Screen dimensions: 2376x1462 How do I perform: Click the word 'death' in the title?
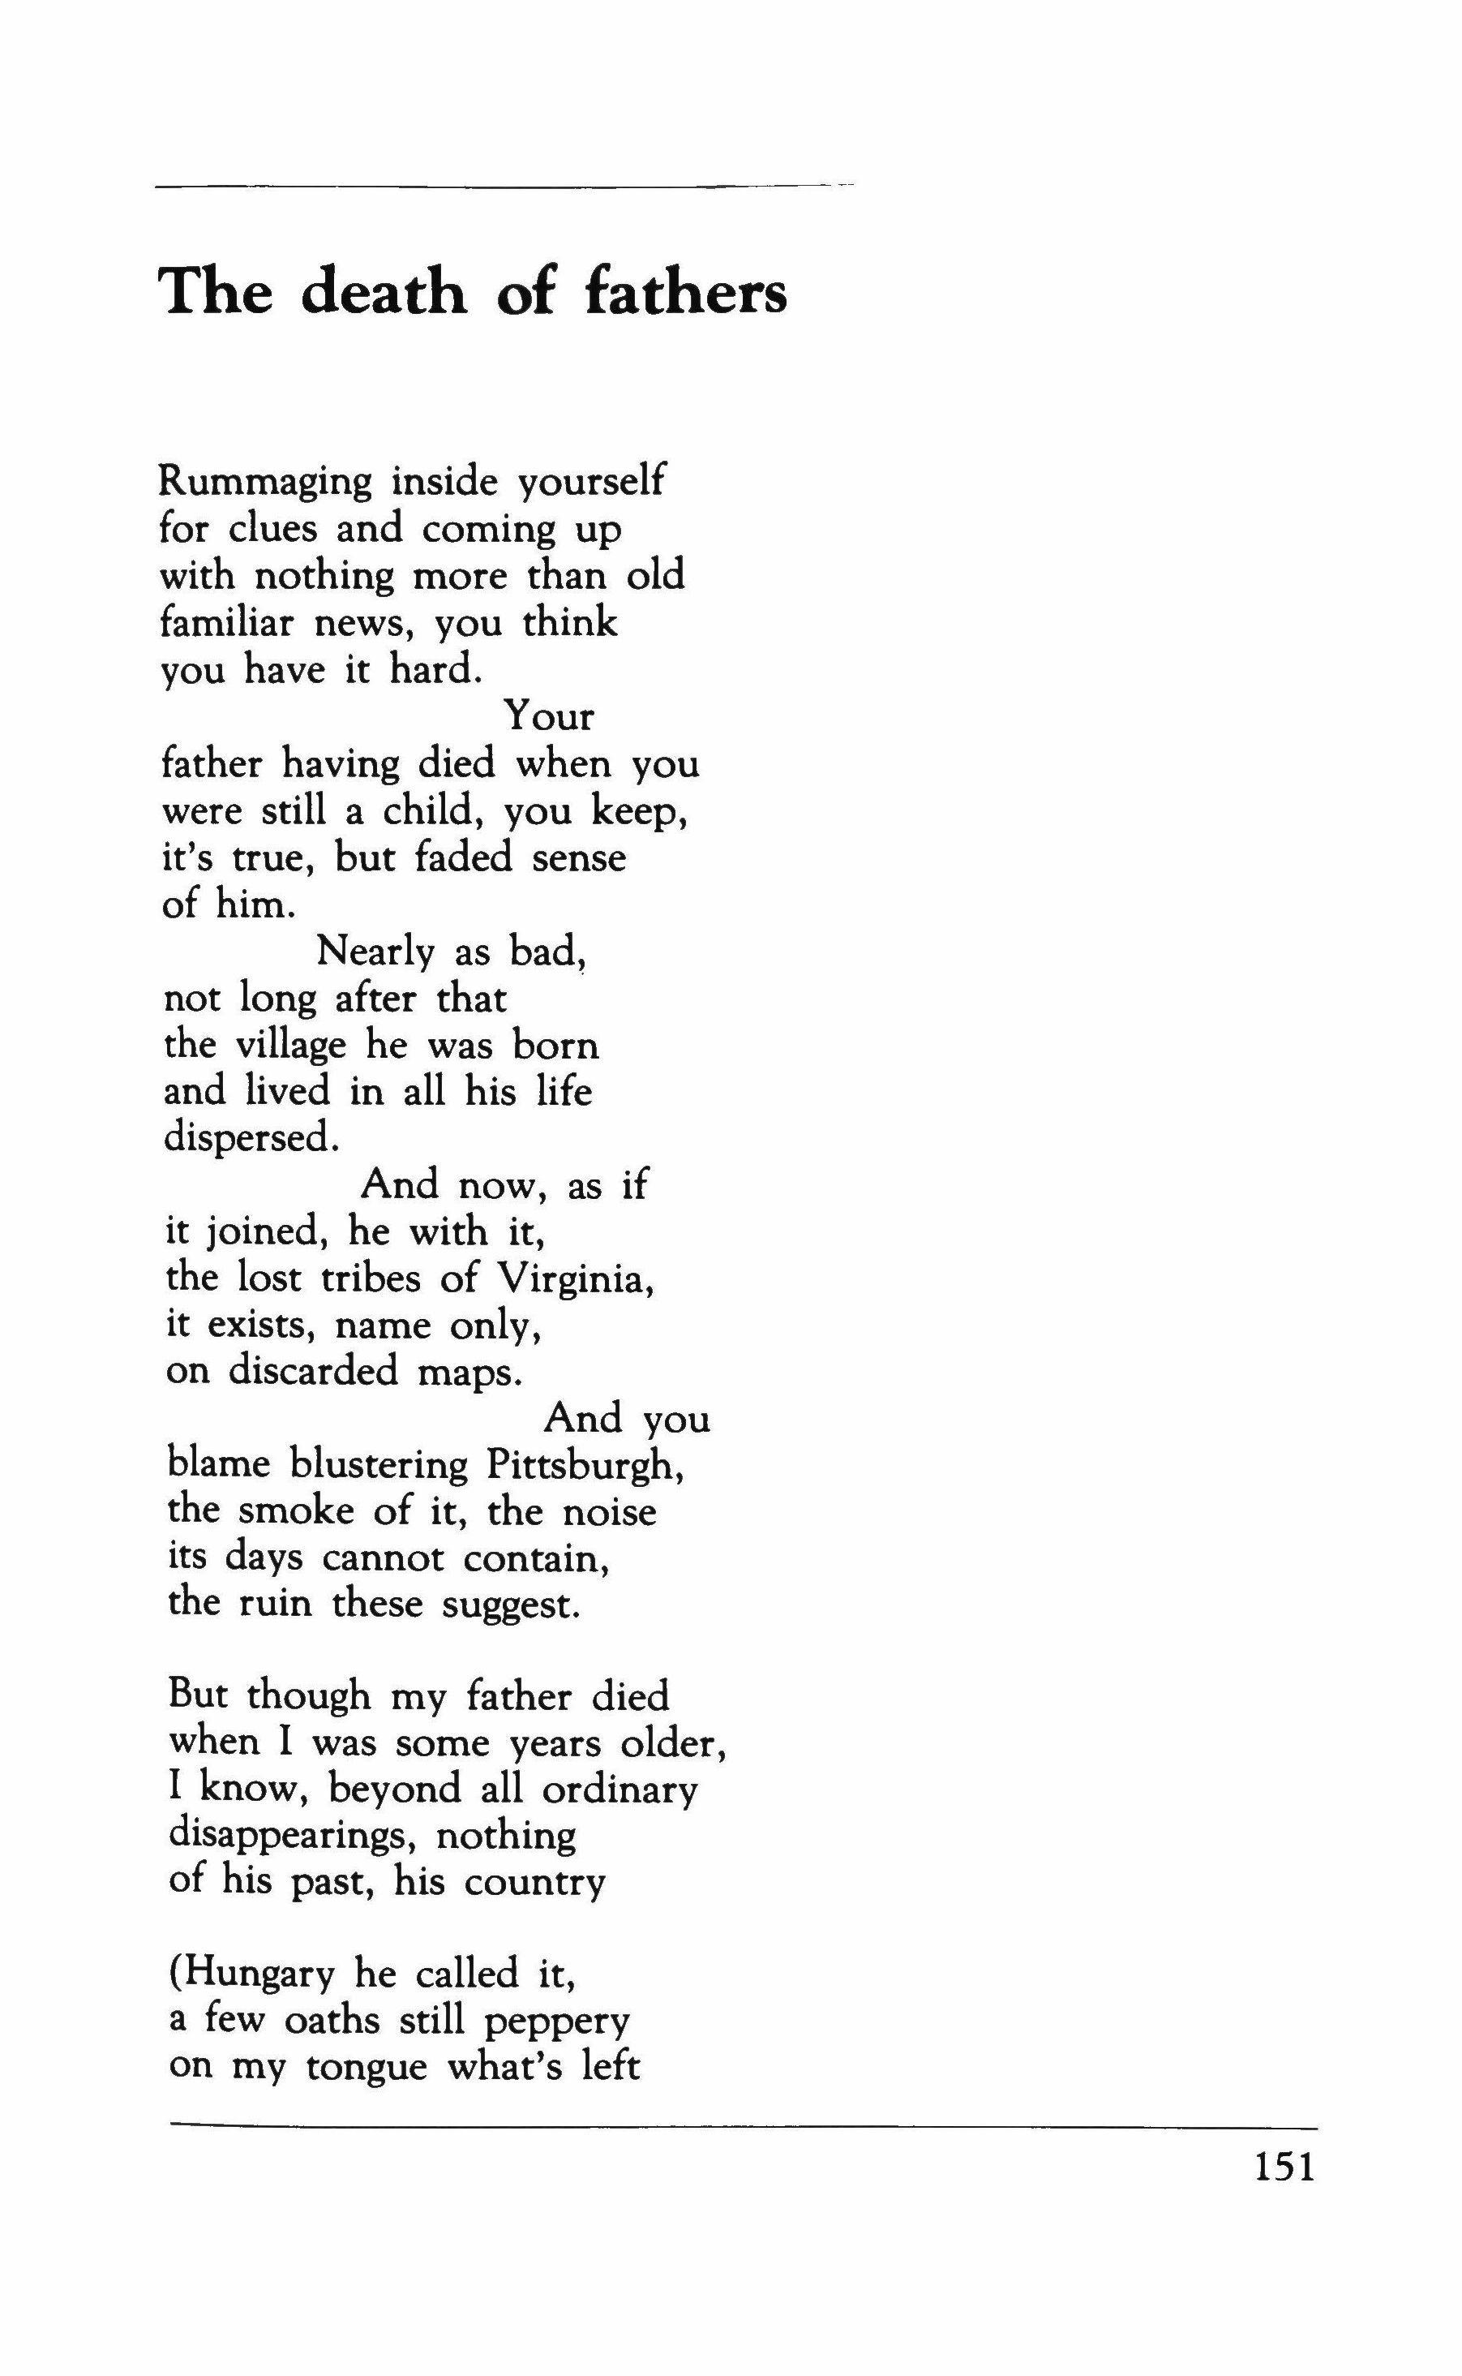384,291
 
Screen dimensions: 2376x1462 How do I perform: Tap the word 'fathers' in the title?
685,291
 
